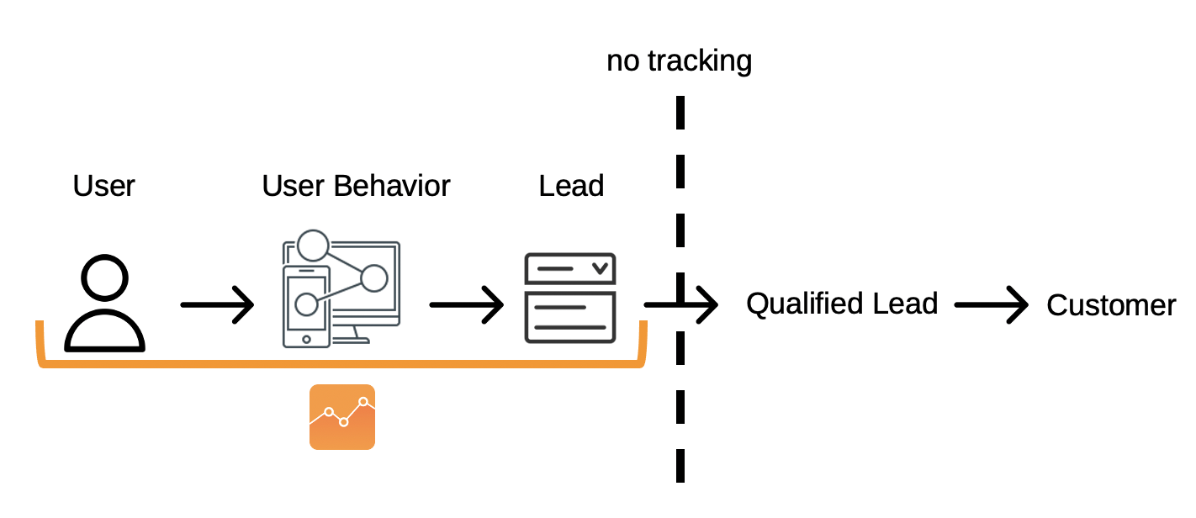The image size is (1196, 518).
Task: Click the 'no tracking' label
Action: (x=679, y=61)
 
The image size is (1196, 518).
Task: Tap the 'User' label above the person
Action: (x=103, y=186)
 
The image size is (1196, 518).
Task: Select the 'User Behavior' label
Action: (x=356, y=186)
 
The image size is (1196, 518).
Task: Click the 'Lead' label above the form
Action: (x=571, y=186)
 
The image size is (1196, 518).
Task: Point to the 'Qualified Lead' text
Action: (x=842, y=304)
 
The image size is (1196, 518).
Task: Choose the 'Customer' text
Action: (x=1111, y=305)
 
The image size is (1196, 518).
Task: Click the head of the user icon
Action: (x=104, y=277)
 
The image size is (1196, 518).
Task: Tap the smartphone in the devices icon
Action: (x=306, y=307)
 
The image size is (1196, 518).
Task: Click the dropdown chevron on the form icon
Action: (x=601, y=268)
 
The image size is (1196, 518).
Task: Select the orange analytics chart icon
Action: (x=342, y=417)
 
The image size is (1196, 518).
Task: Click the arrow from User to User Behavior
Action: (x=217, y=305)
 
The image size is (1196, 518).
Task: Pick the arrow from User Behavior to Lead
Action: (x=467, y=305)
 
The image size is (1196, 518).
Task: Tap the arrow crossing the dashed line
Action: (x=681, y=305)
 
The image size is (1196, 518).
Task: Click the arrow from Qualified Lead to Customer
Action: (x=992, y=305)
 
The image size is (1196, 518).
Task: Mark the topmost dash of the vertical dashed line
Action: (x=680, y=113)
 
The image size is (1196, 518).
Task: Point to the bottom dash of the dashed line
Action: (x=680, y=466)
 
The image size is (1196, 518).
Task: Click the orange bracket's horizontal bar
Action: (x=341, y=364)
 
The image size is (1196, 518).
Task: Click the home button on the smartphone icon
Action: (x=306, y=339)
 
